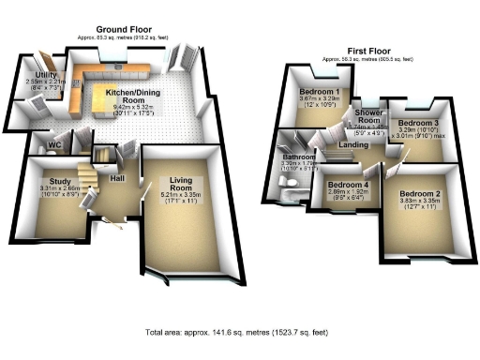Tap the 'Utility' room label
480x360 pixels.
(x=45, y=73)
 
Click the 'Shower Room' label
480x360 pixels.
(x=367, y=116)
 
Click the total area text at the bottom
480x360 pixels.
(x=238, y=333)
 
